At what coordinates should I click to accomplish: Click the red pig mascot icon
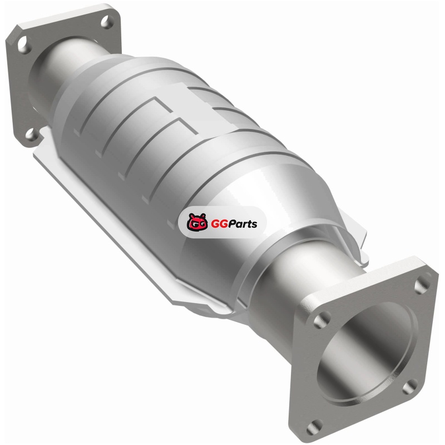tap(197, 222)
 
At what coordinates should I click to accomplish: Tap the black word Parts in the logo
tap(243, 224)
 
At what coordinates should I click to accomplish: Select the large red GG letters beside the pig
tap(219, 224)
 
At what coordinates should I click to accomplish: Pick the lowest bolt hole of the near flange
tap(314, 427)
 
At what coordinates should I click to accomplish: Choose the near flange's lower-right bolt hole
tap(410, 386)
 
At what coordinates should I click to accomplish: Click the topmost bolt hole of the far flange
tap(107, 22)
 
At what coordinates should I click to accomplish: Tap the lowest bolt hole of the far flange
tap(31, 134)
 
